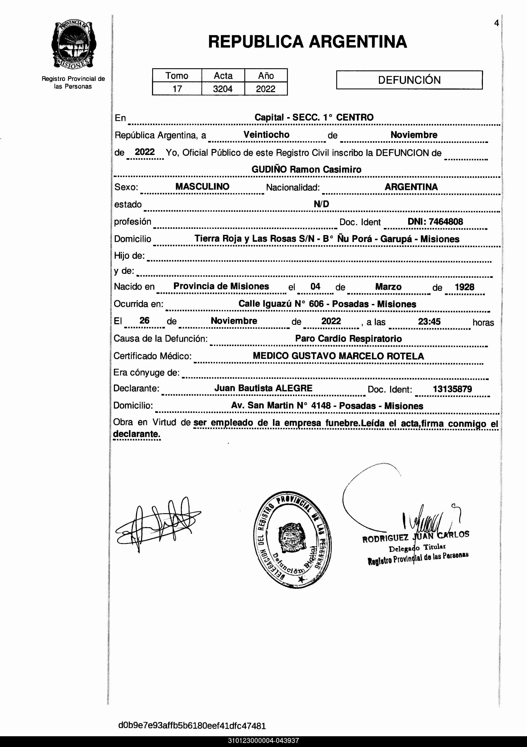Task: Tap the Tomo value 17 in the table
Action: pos(177,89)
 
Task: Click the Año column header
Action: pos(266,76)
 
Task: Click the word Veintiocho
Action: pos(267,135)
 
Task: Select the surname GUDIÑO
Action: pos(269,169)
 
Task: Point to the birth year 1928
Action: pos(464,287)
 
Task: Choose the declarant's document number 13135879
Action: pos(452,389)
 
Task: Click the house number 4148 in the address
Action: pos(321,406)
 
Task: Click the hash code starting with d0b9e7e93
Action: pos(192,726)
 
